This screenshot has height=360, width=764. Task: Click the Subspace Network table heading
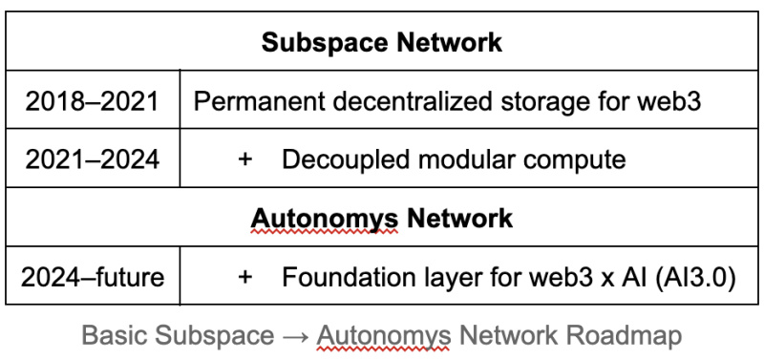381,42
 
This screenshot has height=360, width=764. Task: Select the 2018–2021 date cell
92,101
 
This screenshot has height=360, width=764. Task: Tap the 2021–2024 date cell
92,159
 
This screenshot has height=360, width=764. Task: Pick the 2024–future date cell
93,277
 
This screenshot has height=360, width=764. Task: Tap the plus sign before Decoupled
245,159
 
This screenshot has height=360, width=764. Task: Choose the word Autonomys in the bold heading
325,220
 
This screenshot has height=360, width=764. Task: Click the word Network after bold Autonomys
460,218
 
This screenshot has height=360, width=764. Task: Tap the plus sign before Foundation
245,277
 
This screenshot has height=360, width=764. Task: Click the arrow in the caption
295,336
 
